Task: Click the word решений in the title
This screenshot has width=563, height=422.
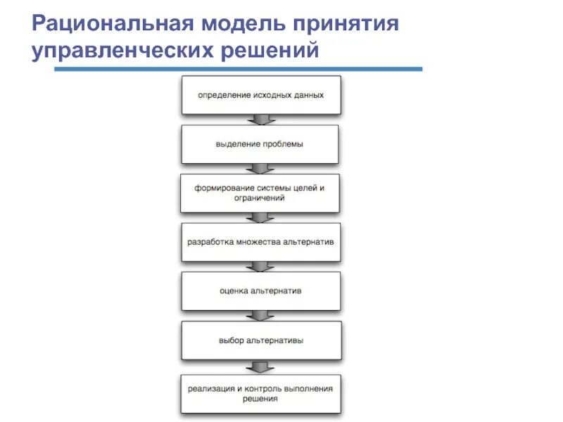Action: tap(272, 53)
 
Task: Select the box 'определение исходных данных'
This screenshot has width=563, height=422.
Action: tap(261, 95)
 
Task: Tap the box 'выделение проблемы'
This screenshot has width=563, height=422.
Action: tap(260, 144)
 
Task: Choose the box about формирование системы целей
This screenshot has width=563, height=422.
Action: tap(260, 193)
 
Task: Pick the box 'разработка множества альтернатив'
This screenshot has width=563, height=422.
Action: tap(260, 242)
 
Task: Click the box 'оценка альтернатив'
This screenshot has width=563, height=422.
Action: tap(260, 290)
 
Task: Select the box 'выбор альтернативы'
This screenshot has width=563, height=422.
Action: tap(260, 340)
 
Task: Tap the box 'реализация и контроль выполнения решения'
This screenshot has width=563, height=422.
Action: tap(260, 393)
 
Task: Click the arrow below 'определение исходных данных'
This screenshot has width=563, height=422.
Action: tap(261, 120)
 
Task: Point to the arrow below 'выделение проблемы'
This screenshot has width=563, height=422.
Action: tap(261, 169)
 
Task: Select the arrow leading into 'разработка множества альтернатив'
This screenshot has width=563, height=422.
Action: tap(261, 218)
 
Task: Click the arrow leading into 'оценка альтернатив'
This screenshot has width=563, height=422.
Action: tap(261, 267)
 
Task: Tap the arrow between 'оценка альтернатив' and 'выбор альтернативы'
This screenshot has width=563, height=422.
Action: tap(261, 316)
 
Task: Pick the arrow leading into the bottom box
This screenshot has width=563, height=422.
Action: tap(261, 367)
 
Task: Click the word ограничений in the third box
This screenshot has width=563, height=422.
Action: tap(260, 199)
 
